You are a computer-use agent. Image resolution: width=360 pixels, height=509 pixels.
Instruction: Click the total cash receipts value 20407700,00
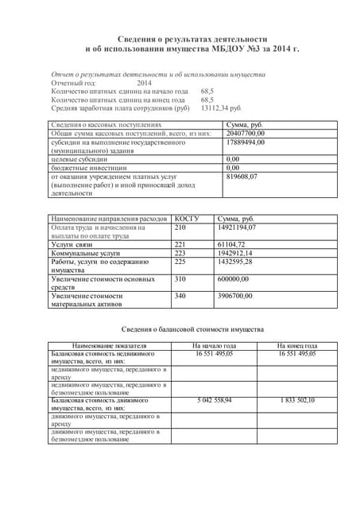click(x=246, y=134)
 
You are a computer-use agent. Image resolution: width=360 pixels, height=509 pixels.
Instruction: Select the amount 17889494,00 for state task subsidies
click(x=246, y=142)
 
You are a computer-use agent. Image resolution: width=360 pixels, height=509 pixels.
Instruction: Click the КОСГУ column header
click(x=187, y=217)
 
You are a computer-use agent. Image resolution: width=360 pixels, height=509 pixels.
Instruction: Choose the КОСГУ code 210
click(x=180, y=227)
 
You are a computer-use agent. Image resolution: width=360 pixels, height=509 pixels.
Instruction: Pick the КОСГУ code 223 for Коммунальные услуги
click(x=180, y=253)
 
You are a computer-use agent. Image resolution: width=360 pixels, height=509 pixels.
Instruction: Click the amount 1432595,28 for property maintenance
click(x=242, y=262)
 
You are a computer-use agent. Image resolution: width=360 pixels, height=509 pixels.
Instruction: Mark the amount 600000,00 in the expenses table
click(x=239, y=279)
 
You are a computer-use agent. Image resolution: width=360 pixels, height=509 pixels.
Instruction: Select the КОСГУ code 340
click(x=180, y=296)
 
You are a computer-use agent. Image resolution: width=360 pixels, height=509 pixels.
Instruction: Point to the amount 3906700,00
click(x=242, y=296)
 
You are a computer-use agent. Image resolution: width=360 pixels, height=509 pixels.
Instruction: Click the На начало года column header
click(x=214, y=345)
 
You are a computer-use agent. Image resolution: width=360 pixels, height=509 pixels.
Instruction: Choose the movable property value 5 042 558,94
click(x=214, y=399)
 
